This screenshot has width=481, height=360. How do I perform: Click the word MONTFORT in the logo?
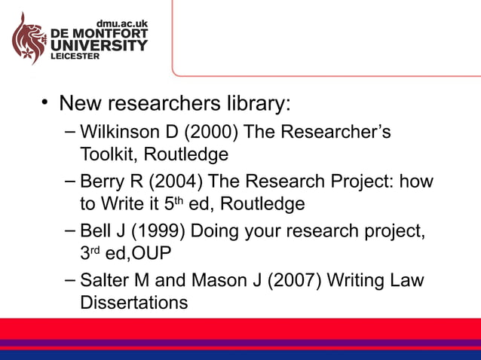(112, 35)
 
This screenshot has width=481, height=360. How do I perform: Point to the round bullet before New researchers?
(46, 102)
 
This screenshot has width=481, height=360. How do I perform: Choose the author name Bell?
(94, 230)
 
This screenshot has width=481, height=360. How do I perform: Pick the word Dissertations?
(133, 303)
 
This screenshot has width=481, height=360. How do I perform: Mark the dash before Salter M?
(69, 279)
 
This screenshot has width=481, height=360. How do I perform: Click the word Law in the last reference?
(407, 280)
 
